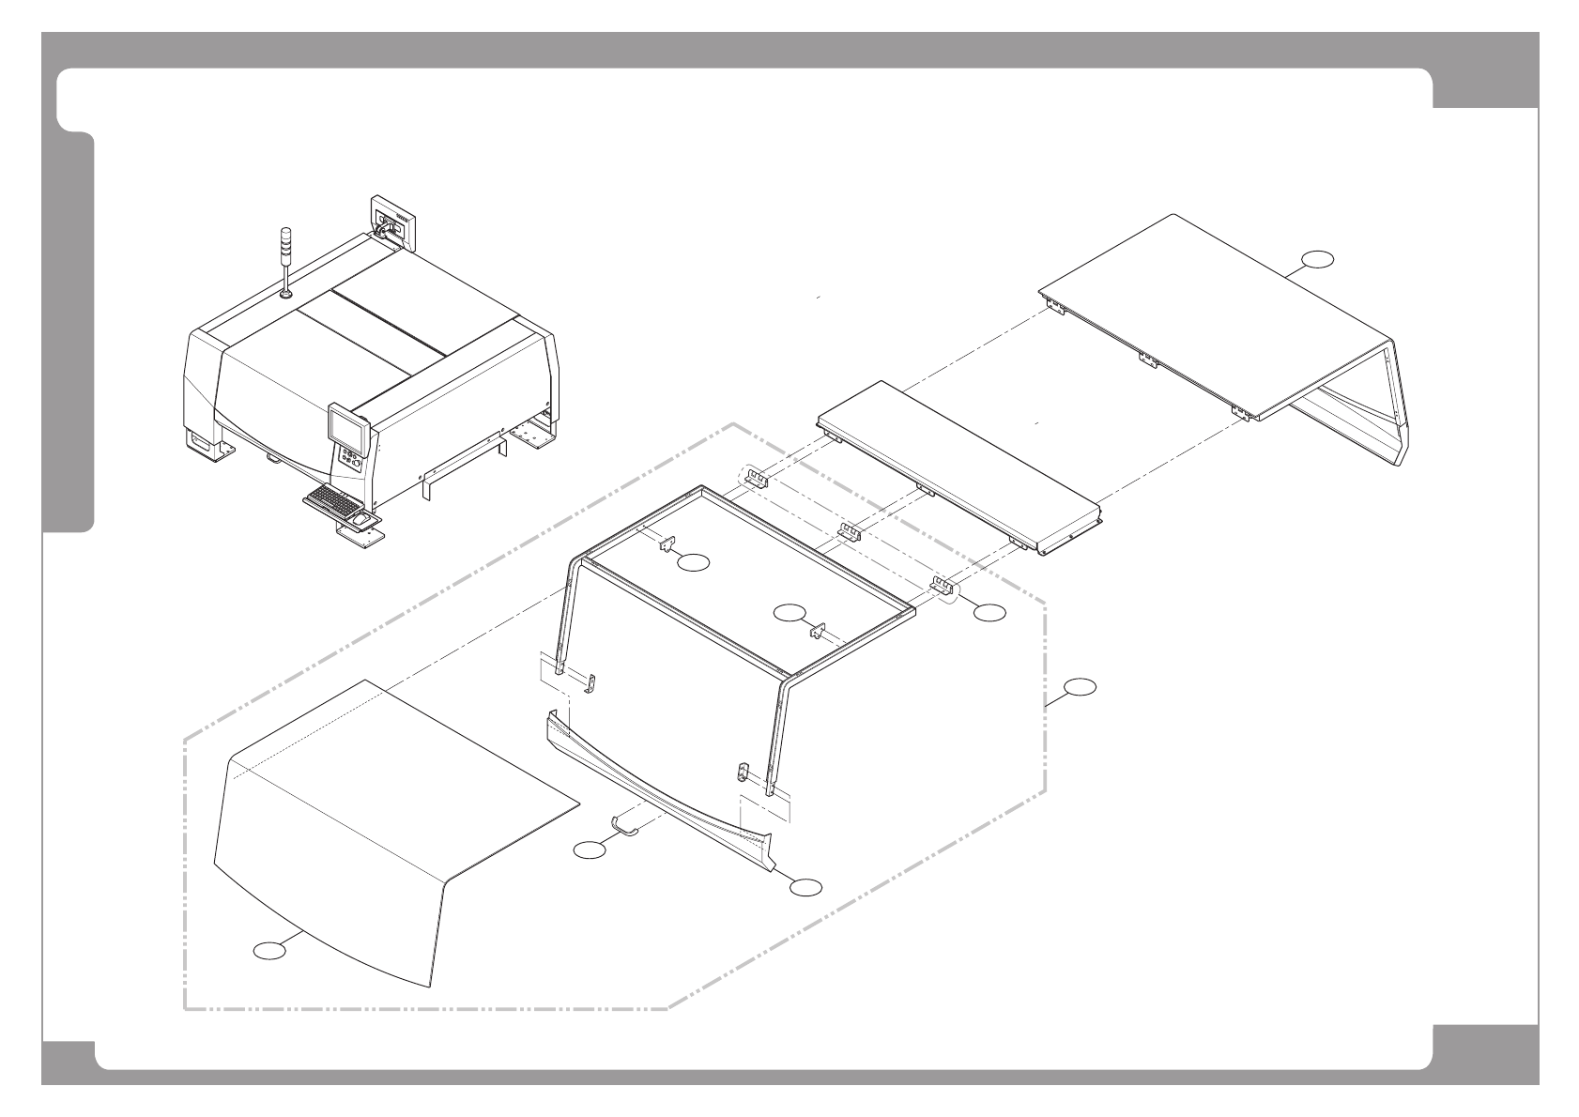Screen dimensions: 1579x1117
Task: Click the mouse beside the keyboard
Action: (361, 518)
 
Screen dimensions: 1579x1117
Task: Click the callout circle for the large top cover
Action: (1318, 260)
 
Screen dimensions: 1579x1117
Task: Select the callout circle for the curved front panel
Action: (269, 951)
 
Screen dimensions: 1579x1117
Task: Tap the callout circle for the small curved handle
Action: (590, 849)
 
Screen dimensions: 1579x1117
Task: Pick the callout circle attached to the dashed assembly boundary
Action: (1080, 686)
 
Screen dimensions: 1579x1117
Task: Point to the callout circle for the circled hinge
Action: (989, 612)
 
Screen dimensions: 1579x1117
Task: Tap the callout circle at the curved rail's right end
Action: (805, 884)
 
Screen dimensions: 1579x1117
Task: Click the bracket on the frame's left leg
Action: (590, 684)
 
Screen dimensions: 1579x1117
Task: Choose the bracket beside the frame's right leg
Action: (741, 773)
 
